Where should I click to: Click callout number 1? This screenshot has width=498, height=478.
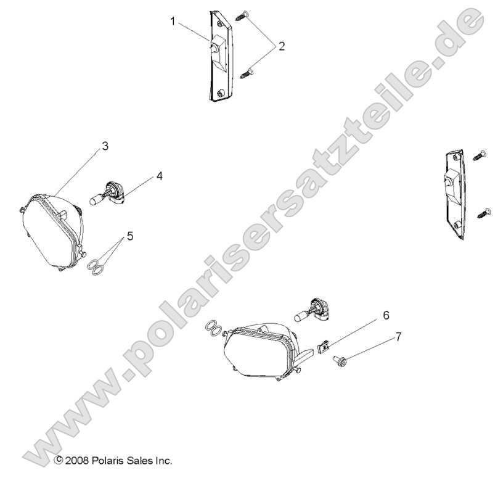[173, 22]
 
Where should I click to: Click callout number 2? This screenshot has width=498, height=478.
[281, 46]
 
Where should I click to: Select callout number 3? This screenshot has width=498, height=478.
[105, 146]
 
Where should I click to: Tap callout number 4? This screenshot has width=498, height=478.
[159, 176]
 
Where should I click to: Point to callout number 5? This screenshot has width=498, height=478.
[130, 235]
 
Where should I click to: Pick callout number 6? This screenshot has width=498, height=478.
[386, 315]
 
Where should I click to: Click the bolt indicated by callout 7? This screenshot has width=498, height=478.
[339, 359]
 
